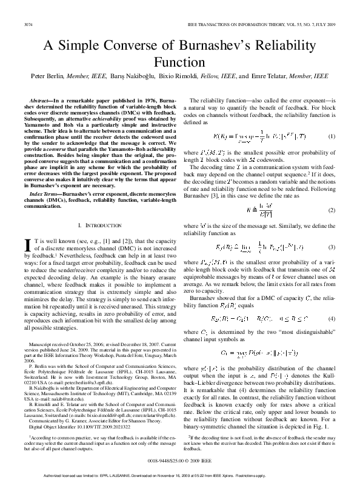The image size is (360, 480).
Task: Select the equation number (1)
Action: point(332,137)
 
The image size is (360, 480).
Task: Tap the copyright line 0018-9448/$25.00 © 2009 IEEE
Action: point(180,459)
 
